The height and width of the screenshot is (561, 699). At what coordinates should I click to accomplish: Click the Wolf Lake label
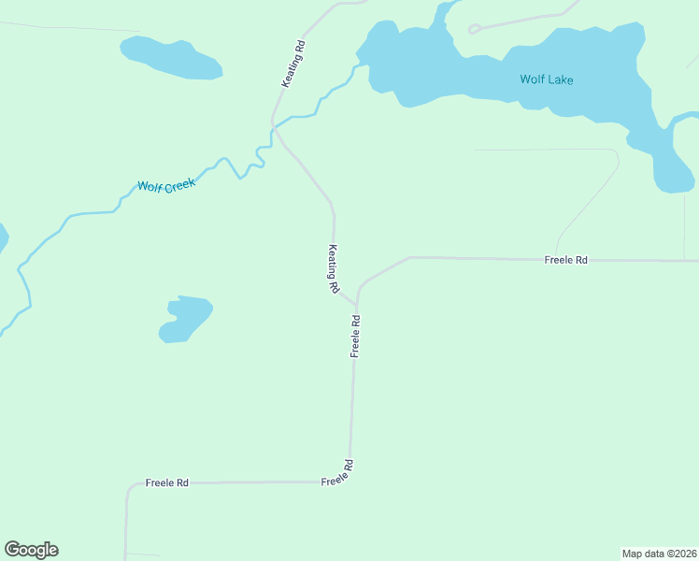coord(547,79)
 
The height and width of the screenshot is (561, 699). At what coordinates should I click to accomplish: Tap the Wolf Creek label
coord(166,186)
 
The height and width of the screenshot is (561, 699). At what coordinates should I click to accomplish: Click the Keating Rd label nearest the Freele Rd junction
coord(333,269)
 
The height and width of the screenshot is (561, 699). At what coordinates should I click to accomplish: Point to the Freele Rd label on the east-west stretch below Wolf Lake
coord(565,259)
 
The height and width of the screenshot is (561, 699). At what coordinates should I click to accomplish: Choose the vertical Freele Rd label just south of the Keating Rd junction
coord(355,336)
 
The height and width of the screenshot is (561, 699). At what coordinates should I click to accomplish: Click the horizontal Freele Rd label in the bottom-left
coord(167,482)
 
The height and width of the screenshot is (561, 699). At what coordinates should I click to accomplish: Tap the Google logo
coord(31,550)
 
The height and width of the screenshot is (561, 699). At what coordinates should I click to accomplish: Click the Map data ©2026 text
coord(659,554)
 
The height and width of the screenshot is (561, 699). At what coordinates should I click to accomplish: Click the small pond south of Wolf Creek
coord(185,318)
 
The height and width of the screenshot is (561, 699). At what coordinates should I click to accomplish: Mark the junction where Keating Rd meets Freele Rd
coord(355,304)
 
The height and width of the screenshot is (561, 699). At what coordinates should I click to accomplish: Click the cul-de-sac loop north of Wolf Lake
coord(474,29)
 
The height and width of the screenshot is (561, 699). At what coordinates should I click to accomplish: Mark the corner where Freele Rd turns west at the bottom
coord(350,481)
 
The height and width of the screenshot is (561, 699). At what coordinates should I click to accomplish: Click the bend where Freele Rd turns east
coord(408,258)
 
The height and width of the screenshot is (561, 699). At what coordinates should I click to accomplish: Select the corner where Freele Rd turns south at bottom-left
coord(128,485)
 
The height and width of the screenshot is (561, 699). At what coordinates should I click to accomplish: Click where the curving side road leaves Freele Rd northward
coord(558,259)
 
